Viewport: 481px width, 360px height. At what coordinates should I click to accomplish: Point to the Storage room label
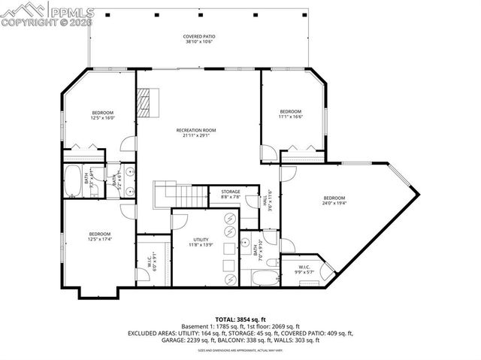pyautogui.click(x=231, y=195)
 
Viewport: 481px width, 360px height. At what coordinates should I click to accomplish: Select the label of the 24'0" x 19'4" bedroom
pyautogui.click(x=335, y=201)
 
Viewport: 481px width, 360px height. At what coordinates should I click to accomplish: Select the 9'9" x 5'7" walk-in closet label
pyautogui.click(x=304, y=269)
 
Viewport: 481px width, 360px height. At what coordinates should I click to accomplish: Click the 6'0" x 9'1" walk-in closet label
pyautogui.click(x=149, y=263)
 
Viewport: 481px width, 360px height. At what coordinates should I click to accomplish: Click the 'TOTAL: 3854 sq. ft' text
pyautogui.click(x=240, y=319)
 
